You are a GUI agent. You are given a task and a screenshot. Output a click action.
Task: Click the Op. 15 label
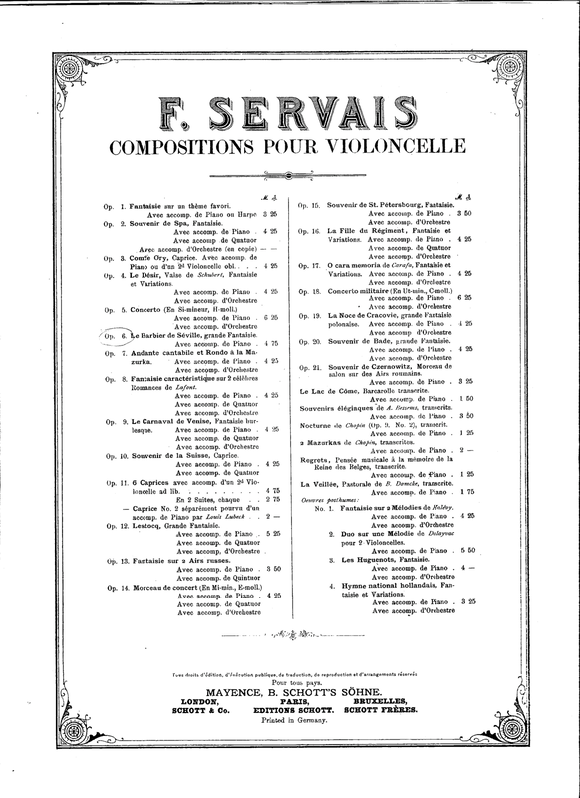point(307,204)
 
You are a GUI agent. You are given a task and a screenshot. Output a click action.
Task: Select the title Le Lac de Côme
point(354,389)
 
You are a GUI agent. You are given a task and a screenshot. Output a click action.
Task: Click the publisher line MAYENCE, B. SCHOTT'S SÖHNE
point(290,690)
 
